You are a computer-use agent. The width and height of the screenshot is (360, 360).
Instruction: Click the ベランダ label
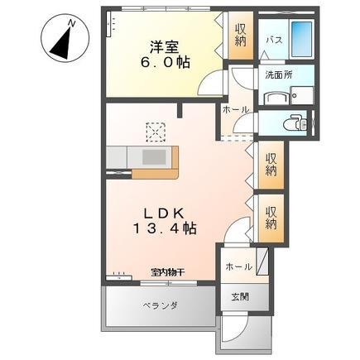click(x=154, y=305)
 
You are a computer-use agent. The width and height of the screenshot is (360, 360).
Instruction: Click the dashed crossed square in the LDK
click(x=156, y=130)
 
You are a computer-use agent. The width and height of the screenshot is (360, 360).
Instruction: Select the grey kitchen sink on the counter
click(x=154, y=157)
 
